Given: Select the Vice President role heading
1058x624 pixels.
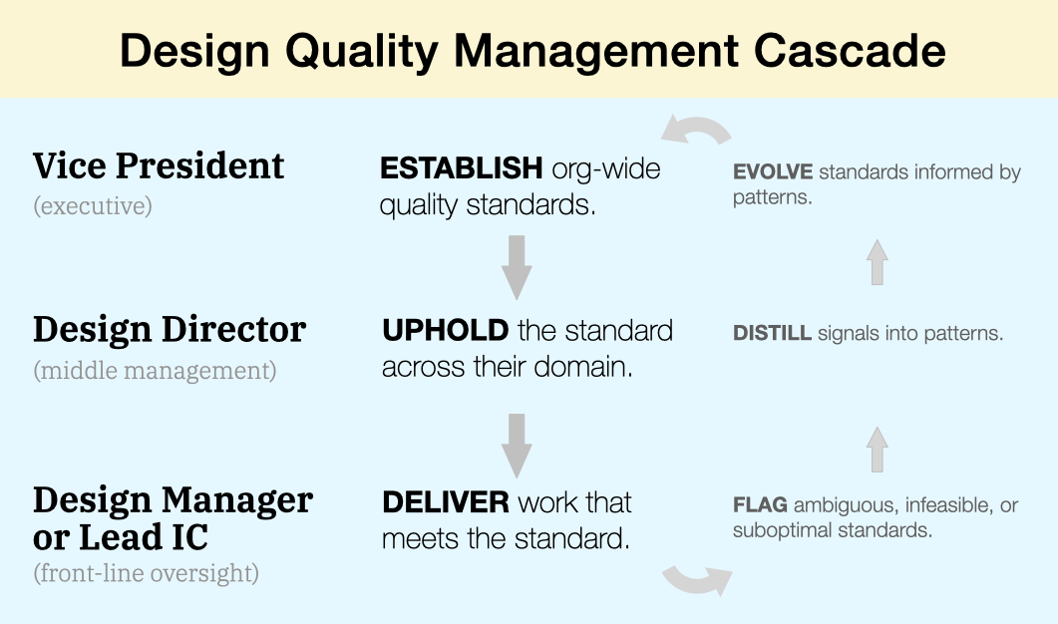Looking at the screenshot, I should click(x=159, y=165).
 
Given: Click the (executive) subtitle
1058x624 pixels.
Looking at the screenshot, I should click(x=93, y=206).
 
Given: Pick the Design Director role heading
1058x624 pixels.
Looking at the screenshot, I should click(x=170, y=329).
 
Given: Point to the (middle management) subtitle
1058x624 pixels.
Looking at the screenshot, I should click(x=155, y=371).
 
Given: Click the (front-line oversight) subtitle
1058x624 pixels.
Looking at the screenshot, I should click(x=146, y=574).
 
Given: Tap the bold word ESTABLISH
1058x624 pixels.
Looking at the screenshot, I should click(x=461, y=168).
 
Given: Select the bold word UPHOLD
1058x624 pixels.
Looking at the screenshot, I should click(x=445, y=330).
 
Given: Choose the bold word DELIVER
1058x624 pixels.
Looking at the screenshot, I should click(x=447, y=501).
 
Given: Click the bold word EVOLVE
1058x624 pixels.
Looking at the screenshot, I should click(x=773, y=172).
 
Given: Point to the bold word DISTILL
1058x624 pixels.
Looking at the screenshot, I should click(x=772, y=334).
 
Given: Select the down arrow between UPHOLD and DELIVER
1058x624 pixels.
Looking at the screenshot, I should click(x=516, y=444).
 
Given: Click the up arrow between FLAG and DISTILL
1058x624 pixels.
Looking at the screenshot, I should click(x=877, y=449).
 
